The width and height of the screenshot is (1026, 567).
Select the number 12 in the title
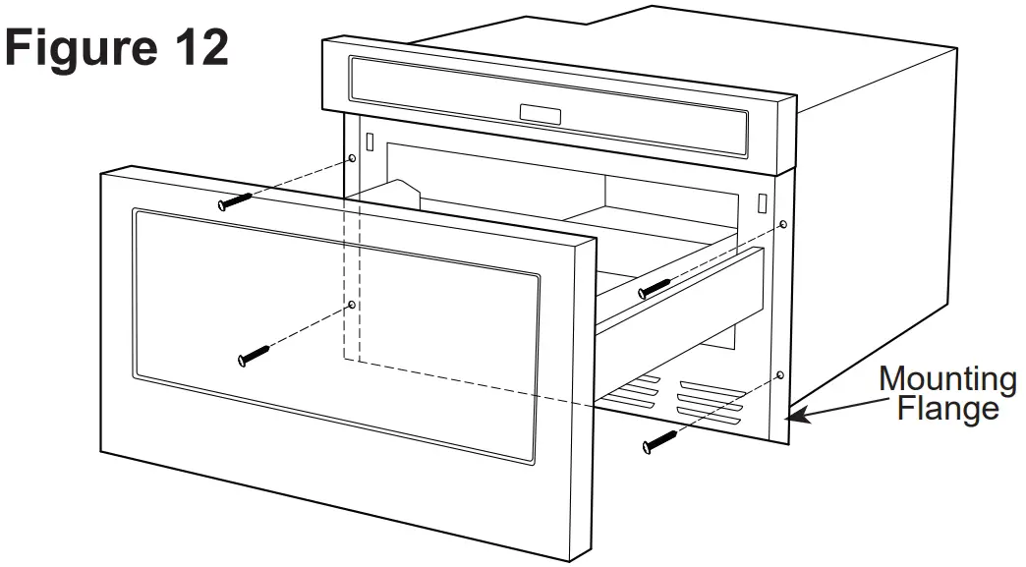pos(197,46)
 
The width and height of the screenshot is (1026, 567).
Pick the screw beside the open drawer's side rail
pos(654,287)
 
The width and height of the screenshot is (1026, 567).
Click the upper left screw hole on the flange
pos(352,157)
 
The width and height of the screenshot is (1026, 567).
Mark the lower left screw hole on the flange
pos(352,305)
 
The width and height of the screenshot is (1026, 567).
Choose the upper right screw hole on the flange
pos(782,225)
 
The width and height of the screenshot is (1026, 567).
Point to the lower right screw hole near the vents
pos(778,375)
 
